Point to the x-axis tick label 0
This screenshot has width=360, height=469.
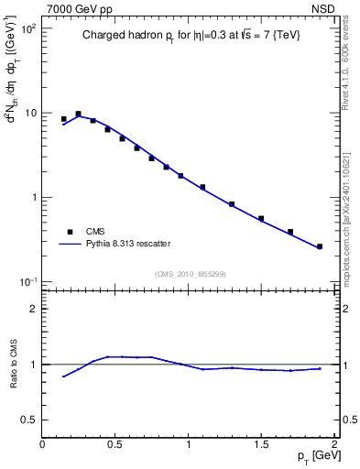42,443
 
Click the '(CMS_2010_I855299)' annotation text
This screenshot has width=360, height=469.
189,274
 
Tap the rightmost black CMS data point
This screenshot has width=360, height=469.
320,246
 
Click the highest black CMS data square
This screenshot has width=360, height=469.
78,114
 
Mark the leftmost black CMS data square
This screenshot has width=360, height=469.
63,119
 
